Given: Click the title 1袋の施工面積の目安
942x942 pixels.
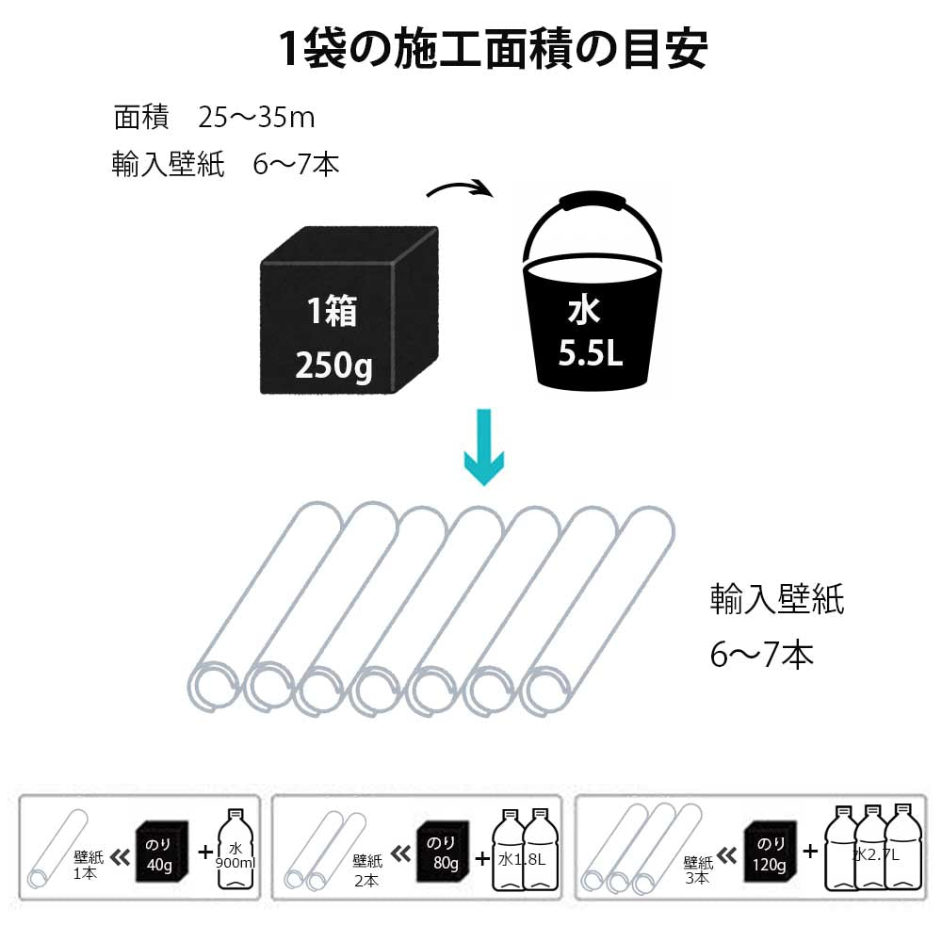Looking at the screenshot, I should tap(493, 50).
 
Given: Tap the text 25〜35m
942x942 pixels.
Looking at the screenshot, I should tap(256, 118).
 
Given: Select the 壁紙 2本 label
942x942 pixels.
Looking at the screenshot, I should tap(366, 867).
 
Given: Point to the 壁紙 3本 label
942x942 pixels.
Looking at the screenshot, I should tap(698, 867).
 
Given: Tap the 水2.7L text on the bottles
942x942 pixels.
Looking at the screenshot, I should tap(875, 855).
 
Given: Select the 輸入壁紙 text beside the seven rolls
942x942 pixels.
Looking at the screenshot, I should tap(777, 600).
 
